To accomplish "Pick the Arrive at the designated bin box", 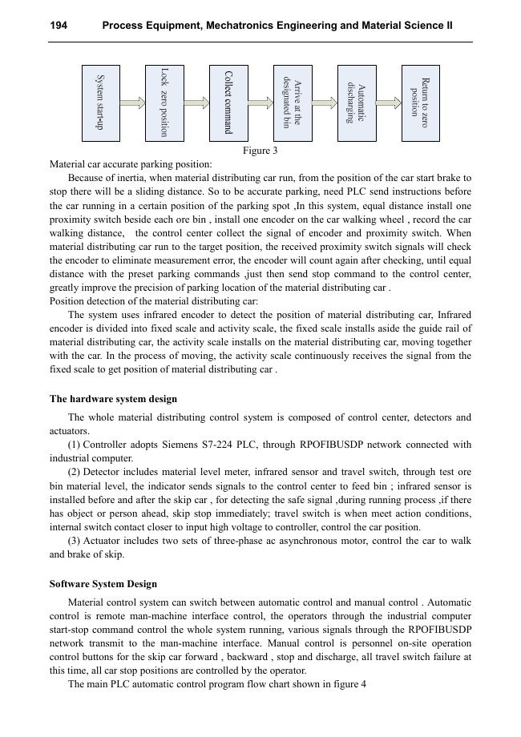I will (x=293, y=103).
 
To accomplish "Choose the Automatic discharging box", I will (x=357, y=103).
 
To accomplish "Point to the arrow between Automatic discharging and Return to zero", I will (x=389, y=103).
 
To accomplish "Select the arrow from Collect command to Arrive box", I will (x=260, y=103).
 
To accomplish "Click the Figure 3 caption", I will (x=260, y=151).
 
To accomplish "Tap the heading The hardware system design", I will (x=113, y=399).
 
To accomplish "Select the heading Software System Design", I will (x=103, y=584).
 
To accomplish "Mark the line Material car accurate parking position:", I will (x=131, y=164).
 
